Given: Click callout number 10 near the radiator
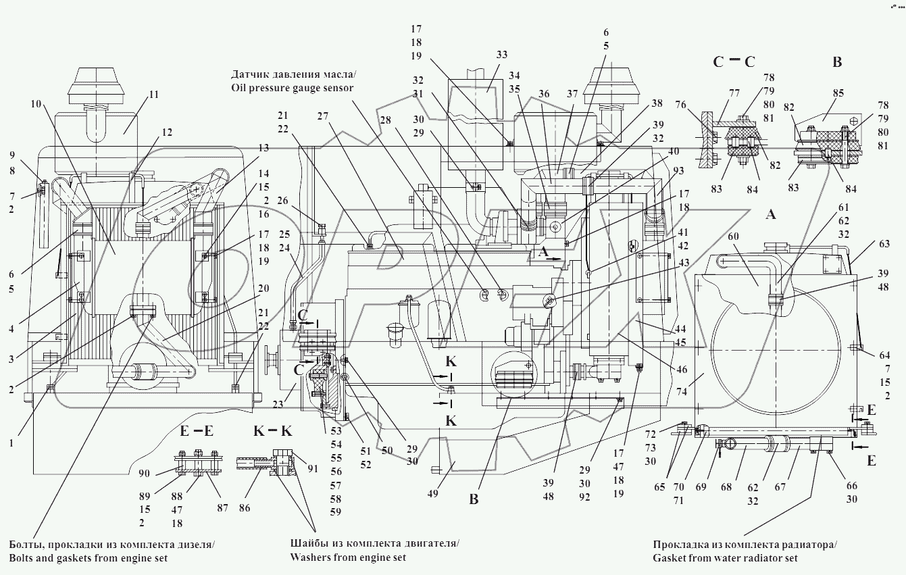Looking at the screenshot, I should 36,104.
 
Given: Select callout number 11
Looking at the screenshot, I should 154,95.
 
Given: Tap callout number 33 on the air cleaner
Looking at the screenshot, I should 501,55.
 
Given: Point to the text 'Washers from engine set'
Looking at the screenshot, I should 348,557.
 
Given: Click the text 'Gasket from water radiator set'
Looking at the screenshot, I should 725,558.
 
